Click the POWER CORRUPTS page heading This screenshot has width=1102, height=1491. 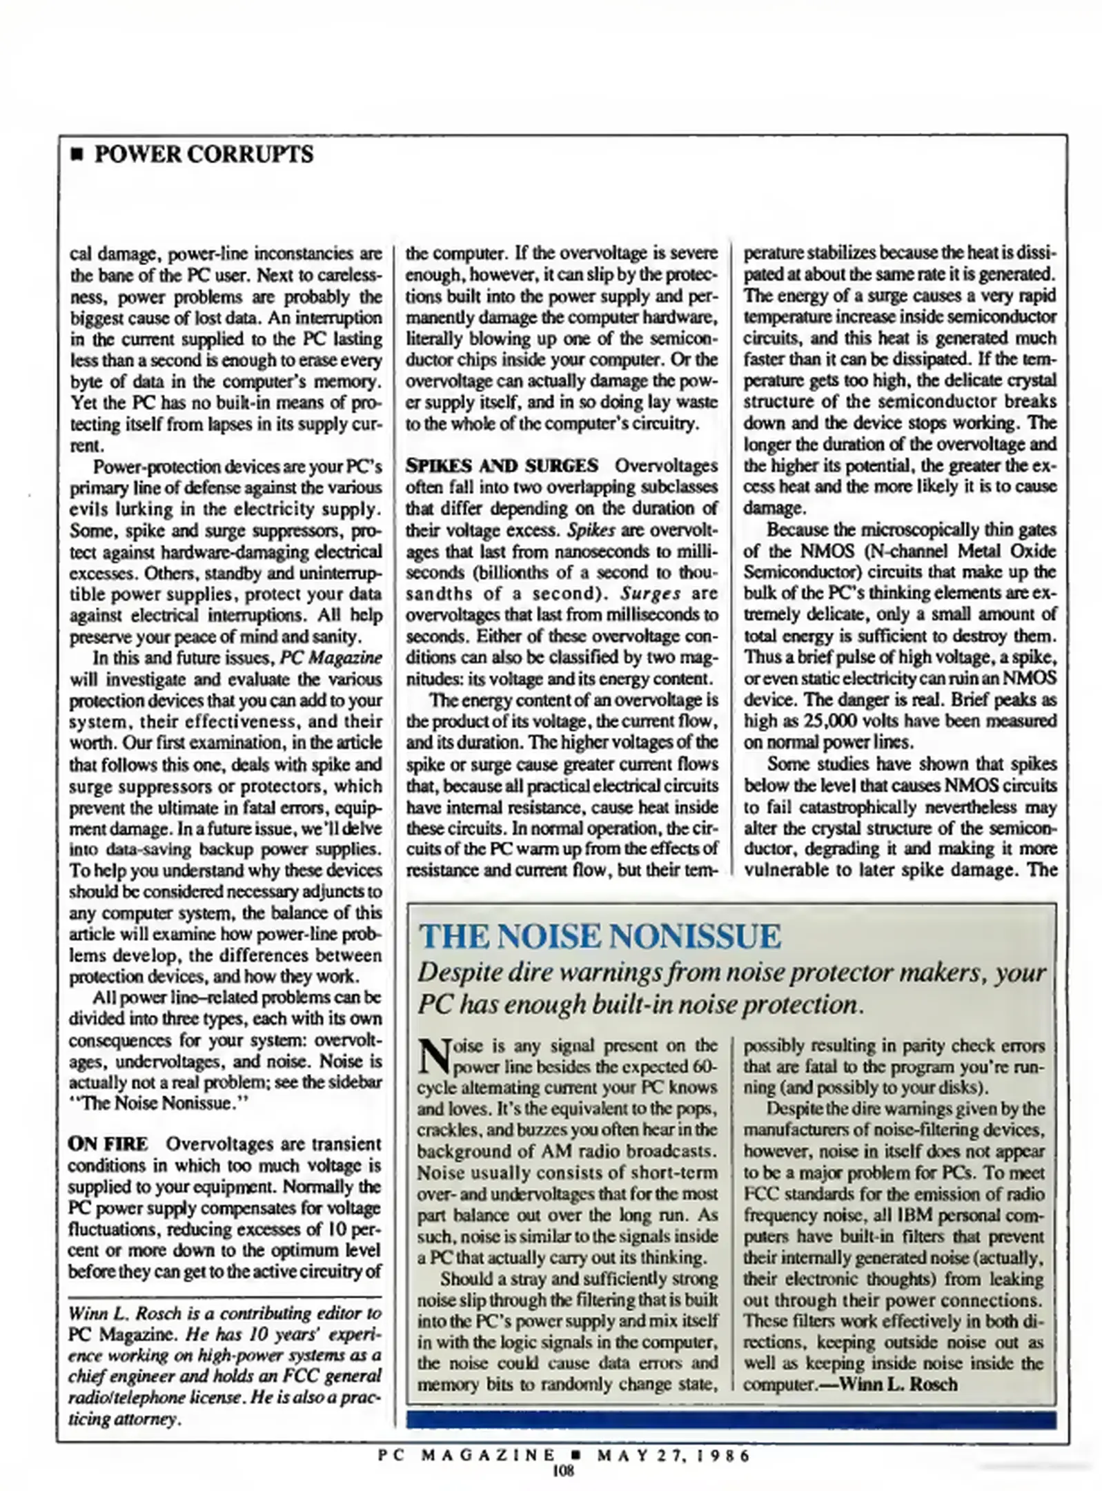coord(203,154)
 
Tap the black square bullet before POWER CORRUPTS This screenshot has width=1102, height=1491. coord(77,155)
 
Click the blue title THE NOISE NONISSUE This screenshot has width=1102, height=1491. coord(600,936)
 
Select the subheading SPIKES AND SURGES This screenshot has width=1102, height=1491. coord(502,465)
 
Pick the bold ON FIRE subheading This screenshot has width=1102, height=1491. coord(108,1144)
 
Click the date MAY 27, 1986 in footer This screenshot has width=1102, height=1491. coord(673,1456)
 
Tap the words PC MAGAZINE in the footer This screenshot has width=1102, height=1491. coord(466,1456)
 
